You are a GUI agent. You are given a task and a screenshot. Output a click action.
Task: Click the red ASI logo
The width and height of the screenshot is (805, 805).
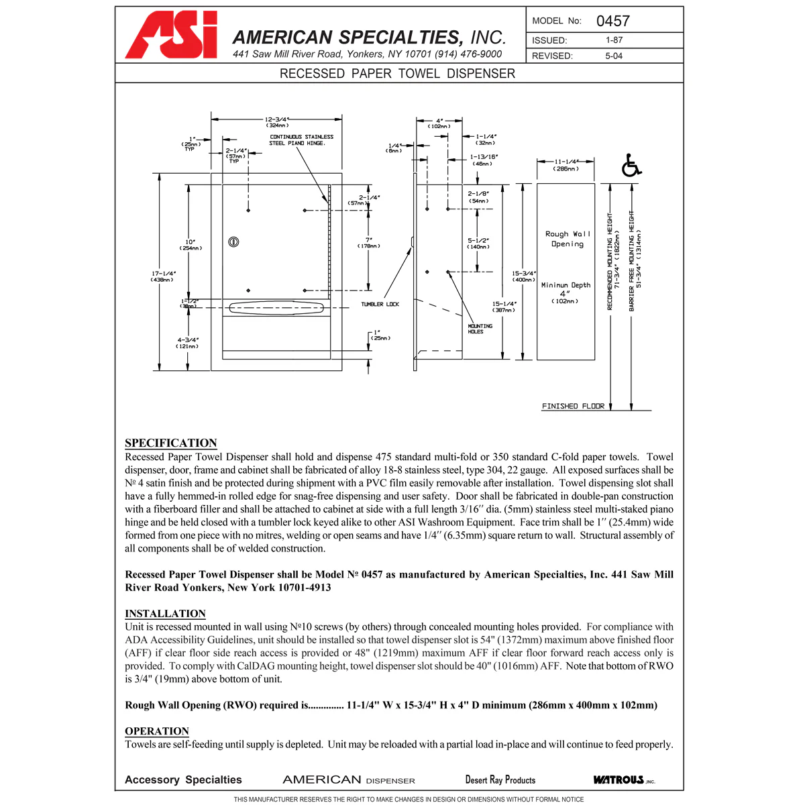click(x=172, y=36)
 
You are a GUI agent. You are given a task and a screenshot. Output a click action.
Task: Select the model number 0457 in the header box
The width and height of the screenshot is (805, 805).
click(x=612, y=21)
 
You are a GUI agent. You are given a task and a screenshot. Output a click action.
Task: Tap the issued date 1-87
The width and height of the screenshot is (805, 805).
click(x=614, y=40)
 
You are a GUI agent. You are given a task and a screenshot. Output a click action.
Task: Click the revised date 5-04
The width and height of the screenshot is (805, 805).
click(x=614, y=56)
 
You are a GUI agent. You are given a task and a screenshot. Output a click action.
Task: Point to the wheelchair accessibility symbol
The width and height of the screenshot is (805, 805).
click(x=631, y=166)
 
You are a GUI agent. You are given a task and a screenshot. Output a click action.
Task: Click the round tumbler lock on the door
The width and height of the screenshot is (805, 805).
click(x=234, y=241)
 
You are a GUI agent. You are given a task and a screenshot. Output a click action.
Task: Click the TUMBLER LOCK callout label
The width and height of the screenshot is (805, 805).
click(x=380, y=305)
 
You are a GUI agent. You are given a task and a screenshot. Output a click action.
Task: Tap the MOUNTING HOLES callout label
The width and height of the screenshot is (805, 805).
click(x=480, y=329)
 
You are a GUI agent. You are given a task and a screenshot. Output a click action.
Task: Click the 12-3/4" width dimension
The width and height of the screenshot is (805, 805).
click(x=276, y=122)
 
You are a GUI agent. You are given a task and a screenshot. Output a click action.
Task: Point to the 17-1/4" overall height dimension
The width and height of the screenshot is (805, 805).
click(x=162, y=276)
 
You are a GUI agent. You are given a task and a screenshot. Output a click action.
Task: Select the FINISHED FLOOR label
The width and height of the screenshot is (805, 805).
click(x=573, y=406)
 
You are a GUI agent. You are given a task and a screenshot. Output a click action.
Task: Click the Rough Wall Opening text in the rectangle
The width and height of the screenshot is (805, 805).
click(x=568, y=239)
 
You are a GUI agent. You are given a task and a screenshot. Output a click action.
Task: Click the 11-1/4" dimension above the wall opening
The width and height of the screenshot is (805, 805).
click(x=566, y=165)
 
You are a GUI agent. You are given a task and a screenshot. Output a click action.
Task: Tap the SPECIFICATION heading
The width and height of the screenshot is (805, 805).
click(x=171, y=443)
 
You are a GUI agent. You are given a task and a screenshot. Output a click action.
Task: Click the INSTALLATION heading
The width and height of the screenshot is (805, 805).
click(x=165, y=613)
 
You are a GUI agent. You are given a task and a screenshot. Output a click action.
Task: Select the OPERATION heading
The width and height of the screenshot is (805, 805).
click(x=157, y=731)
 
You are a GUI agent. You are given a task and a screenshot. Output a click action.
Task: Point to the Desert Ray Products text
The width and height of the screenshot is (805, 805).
click(x=500, y=780)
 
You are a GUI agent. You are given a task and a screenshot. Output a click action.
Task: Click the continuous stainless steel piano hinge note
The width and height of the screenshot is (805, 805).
click(x=301, y=140)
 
